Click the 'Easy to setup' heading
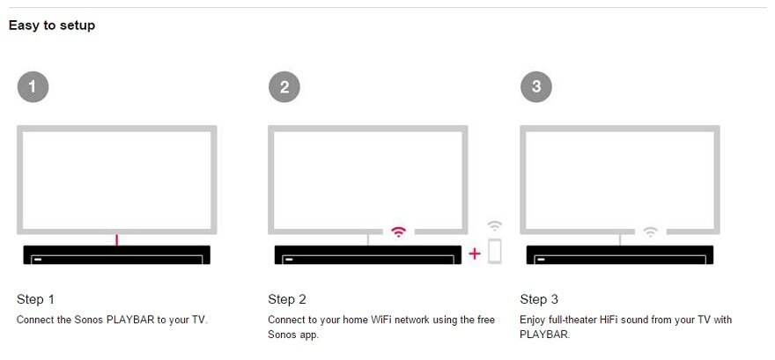52,26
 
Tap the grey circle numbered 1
33,86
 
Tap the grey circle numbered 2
284,86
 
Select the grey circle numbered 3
536,86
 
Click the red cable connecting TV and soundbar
117,239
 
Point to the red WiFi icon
399,232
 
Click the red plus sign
475,253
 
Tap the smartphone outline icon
494,251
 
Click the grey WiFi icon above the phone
495,225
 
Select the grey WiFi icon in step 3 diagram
650,232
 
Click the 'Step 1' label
36,299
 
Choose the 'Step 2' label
287,299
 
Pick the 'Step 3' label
539,299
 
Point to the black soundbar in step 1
116,254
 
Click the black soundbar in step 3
619,254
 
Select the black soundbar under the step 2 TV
367,254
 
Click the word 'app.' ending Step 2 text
309,334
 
